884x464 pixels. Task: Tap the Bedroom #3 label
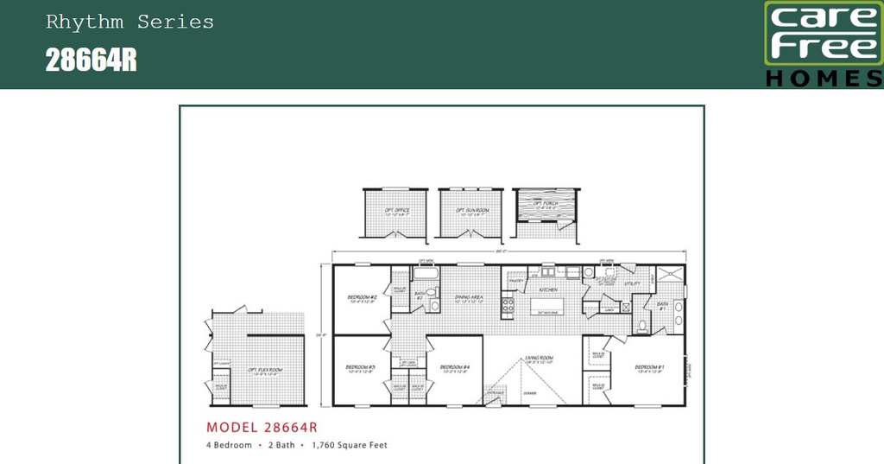361,367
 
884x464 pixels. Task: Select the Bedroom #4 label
454,367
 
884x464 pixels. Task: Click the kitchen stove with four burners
508,304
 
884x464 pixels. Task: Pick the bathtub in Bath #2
426,274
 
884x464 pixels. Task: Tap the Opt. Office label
396,210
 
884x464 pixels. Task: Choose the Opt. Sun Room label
472,210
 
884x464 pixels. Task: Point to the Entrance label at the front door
495,393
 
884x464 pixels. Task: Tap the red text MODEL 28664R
262,427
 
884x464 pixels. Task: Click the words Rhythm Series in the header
129,22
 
